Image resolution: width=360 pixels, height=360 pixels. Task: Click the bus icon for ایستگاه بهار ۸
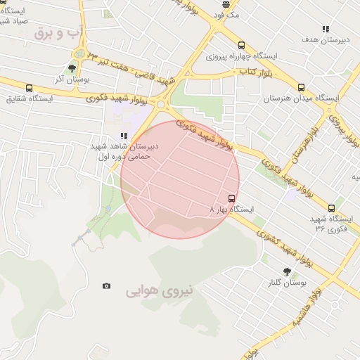click(x=233, y=198)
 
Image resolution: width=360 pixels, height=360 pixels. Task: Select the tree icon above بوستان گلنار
click(x=287, y=271)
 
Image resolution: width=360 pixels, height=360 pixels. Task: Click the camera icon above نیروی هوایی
click(x=106, y=285)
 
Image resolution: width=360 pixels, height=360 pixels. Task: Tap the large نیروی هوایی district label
click(x=160, y=290)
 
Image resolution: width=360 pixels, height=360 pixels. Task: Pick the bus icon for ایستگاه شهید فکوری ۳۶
click(x=332, y=208)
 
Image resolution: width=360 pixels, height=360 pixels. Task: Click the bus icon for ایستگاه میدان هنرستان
click(x=301, y=87)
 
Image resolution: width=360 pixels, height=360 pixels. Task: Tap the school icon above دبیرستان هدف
click(x=326, y=29)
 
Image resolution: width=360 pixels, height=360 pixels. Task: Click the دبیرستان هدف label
click(x=326, y=40)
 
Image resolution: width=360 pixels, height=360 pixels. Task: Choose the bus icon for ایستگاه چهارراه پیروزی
click(x=242, y=44)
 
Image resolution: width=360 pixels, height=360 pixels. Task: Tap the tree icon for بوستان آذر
click(x=72, y=68)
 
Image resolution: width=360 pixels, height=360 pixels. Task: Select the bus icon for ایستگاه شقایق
click(x=29, y=88)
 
